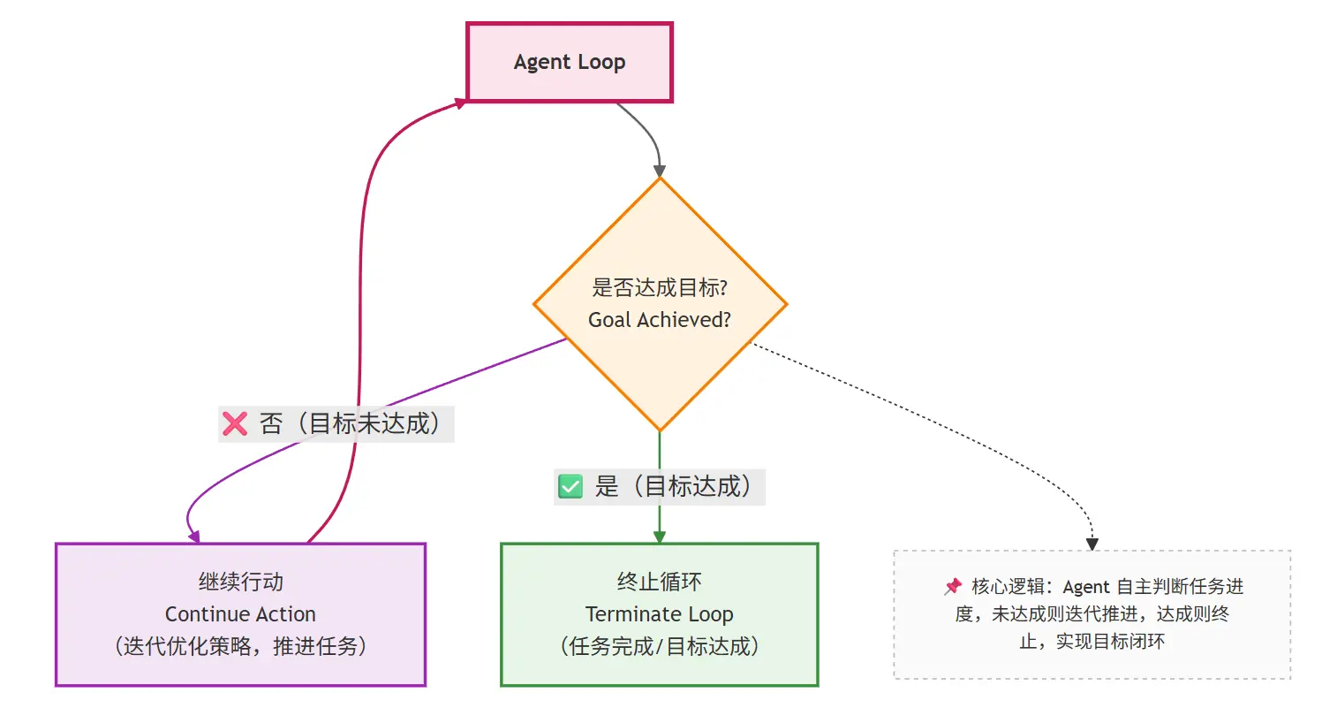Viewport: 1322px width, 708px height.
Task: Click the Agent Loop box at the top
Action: pyautogui.click(x=570, y=63)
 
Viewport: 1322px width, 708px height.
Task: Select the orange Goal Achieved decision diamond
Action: pyautogui.click(x=660, y=265)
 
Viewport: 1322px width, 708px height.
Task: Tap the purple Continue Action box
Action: pyautogui.click(x=240, y=614)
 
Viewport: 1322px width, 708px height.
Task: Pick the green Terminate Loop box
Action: pyautogui.click(x=659, y=614)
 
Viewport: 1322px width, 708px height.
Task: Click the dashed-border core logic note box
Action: pyautogui.click(x=1092, y=614)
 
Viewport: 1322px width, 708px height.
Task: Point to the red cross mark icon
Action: pyautogui.click(x=235, y=424)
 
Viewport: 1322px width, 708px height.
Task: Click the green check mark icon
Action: pyautogui.click(x=570, y=486)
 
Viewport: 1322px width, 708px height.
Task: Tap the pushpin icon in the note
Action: pyautogui.click(x=953, y=587)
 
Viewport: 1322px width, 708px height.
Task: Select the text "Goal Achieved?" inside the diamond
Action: pyautogui.click(x=660, y=320)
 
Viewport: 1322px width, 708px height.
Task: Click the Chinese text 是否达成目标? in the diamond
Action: pyautogui.click(x=660, y=288)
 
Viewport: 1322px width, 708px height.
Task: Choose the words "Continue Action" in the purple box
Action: pyautogui.click(x=240, y=614)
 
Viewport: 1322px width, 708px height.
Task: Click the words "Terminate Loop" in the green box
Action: pyautogui.click(x=659, y=614)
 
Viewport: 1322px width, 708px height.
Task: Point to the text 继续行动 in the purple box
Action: pyautogui.click(x=240, y=582)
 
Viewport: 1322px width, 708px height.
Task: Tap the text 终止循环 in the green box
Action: pyautogui.click(x=659, y=582)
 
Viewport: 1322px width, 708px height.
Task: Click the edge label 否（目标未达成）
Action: pyautogui.click(x=350, y=424)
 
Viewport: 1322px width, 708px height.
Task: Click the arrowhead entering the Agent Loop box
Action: pyautogui.click(x=460, y=103)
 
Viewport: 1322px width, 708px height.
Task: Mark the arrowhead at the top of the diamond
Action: pyautogui.click(x=660, y=171)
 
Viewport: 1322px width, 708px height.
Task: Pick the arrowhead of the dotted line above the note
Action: pyautogui.click(x=1092, y=544)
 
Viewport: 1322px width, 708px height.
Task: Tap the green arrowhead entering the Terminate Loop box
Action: pyautogui.click(x=659, y=537)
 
